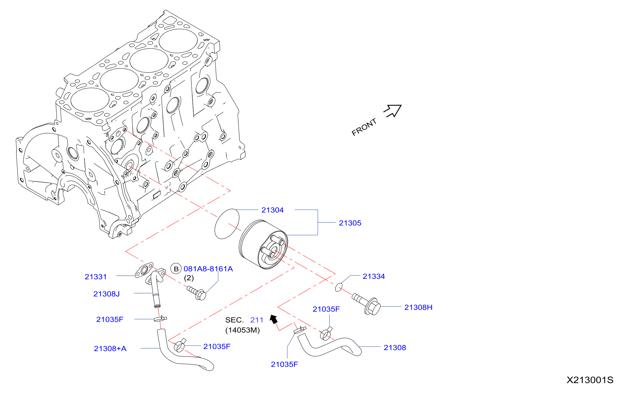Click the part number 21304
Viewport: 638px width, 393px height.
click(x=272, y=210)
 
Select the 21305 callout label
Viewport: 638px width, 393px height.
click(x=350, y=223)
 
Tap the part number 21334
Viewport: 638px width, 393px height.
click(x=373, y=276)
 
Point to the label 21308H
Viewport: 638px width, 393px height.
click(x=418, y=307)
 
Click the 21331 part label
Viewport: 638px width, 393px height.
click(x=96, y=277)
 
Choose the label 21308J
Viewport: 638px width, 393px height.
click(x=106, y=294)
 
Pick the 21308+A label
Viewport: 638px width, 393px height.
click(x=110, y=349)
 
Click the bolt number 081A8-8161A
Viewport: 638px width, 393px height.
click(x=208, y=269)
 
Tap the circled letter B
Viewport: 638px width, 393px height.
click(x=176, y=269)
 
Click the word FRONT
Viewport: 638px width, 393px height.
click(x=364, y=127)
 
